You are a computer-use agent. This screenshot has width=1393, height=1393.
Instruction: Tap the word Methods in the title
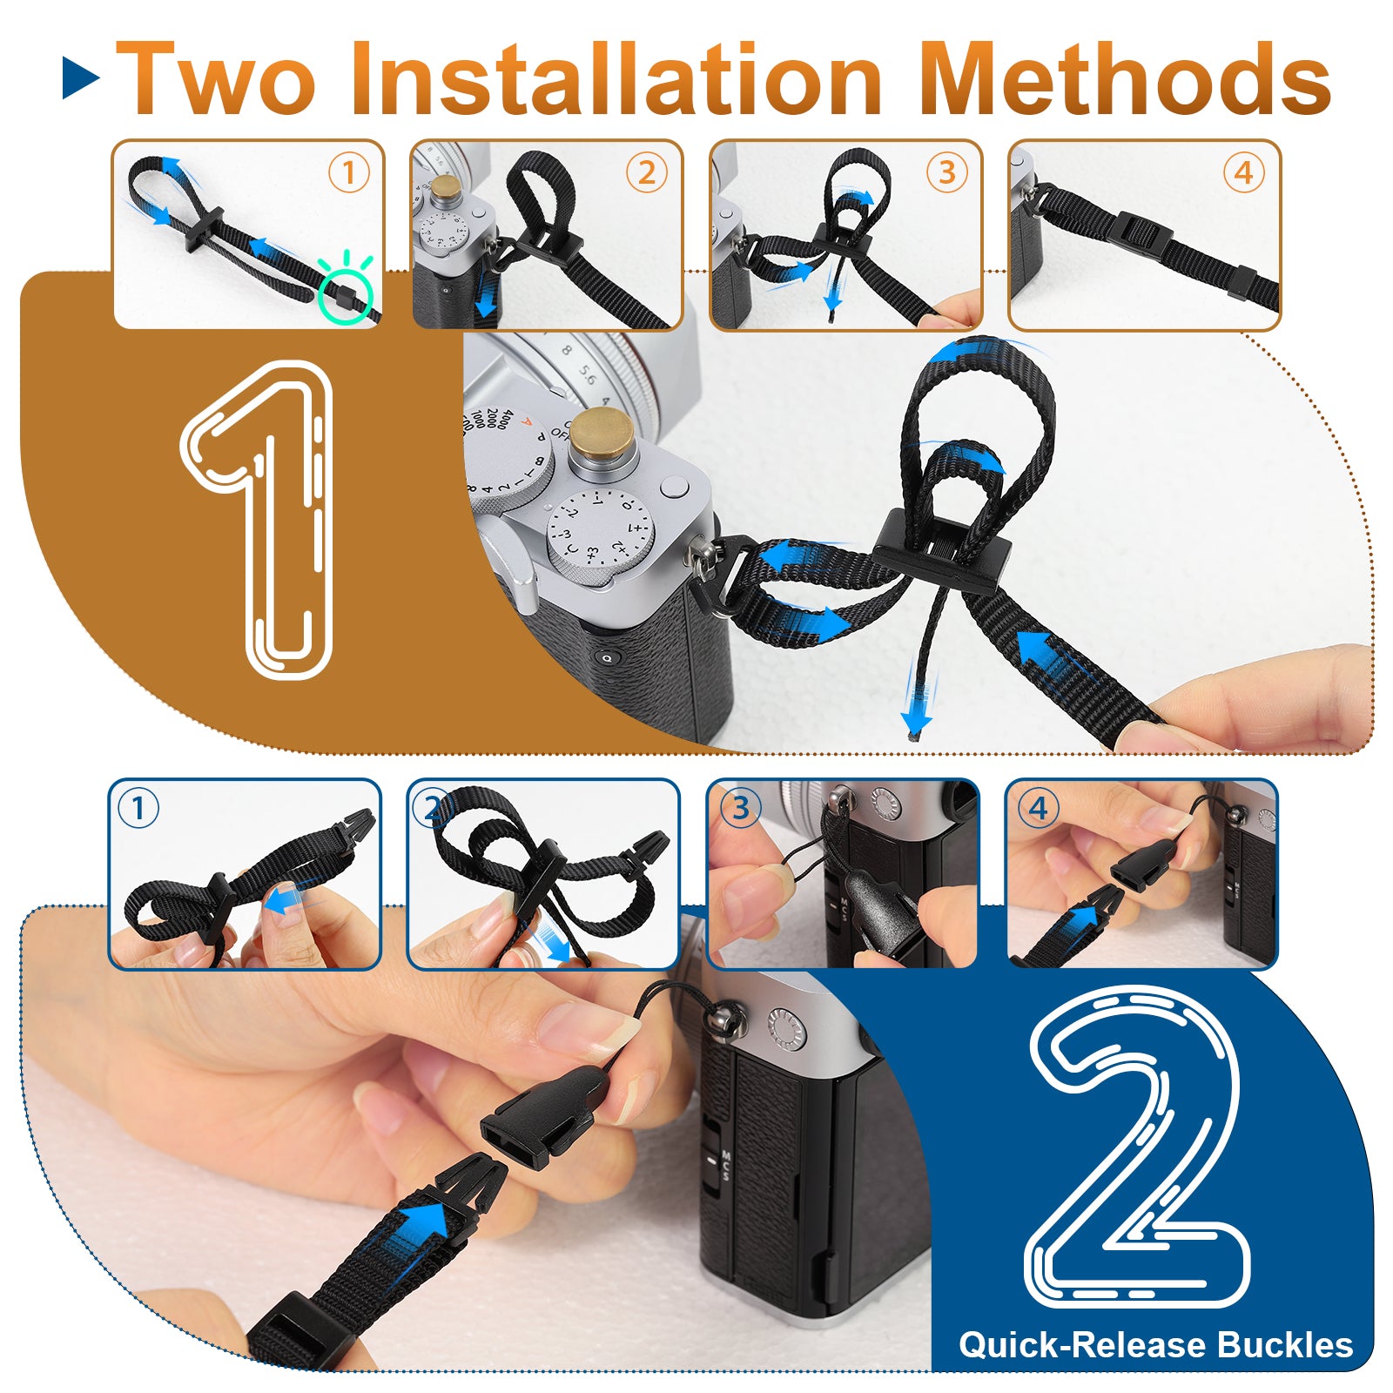[x=1125, y=78]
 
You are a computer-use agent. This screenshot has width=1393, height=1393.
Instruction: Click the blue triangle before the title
[x=81, y=77]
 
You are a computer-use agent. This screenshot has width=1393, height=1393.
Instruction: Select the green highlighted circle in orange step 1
[x=345, y=295]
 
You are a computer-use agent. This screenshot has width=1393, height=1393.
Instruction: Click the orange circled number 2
[x=647, y=173]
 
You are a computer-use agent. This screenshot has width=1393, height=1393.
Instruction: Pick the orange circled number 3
[x=946, y=173]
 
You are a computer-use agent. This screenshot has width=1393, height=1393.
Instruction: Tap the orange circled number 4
[x=1244, y=173]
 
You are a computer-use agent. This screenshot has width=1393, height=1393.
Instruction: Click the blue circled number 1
[x=138, y=809]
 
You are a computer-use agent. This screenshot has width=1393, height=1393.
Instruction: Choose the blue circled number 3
[x=740, y=809]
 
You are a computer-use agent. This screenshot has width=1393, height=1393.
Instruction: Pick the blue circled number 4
[x=1039, y=809]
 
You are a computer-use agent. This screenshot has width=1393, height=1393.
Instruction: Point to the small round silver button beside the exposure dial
[x=674, y=487]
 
